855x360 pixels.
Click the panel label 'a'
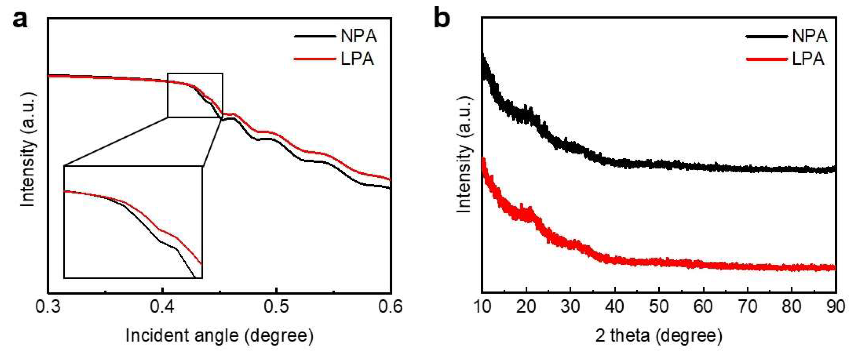pyautogui.click(x=20, y=19)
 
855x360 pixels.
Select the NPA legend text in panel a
pyautogui.click(x=358, y=36)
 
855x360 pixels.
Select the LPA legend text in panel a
pyautogui.click(x=357, y=59)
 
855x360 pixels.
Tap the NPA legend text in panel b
pyautogui.click(x=809, y=36)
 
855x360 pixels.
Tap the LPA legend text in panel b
pyautogui.click(x=808, y=59)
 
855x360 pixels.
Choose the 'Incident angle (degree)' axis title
pyautogui.click(x=219, y=336)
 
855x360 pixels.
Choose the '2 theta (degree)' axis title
pyautogui.click(x=659, y=336)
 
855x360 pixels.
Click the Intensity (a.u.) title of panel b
pyautogui.click(x=464, y=154)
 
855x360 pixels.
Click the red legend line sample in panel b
pyautogui.click(x=767, y=59)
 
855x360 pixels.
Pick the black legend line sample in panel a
pyautogui.click(x=315, y=36)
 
